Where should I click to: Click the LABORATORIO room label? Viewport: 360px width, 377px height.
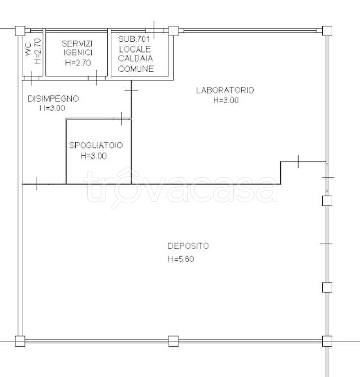point(225,90)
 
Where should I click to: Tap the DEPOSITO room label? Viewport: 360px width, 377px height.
point(188,246)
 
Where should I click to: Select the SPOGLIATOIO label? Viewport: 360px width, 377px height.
point(96,145)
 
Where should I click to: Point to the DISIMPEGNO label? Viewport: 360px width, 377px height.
point(53,99)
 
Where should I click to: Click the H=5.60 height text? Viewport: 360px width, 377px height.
point(181,259)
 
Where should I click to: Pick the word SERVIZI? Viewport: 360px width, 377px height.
point(77,44)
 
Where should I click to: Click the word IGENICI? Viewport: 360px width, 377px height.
point(78,53)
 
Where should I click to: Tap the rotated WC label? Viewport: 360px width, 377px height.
point(28,50)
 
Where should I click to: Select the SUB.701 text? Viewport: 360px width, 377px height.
point(134,39)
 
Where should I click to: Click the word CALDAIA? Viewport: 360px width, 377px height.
point(136,59)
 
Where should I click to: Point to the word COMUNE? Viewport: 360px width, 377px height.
point(136,69)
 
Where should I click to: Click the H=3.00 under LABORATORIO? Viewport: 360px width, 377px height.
point(226,100)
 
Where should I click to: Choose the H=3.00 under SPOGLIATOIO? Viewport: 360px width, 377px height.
point(93,156)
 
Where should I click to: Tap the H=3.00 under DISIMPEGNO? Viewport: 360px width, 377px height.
point(52,108)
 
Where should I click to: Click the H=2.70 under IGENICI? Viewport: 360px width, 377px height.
point(78,63)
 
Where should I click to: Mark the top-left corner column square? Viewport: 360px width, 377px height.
point(20,31)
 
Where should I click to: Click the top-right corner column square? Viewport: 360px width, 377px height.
point(327,31)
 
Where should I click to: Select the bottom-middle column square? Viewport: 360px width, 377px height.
point(174,341)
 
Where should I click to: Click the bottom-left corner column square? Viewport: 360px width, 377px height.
point(20,341)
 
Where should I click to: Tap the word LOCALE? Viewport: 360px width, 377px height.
point(135,49)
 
